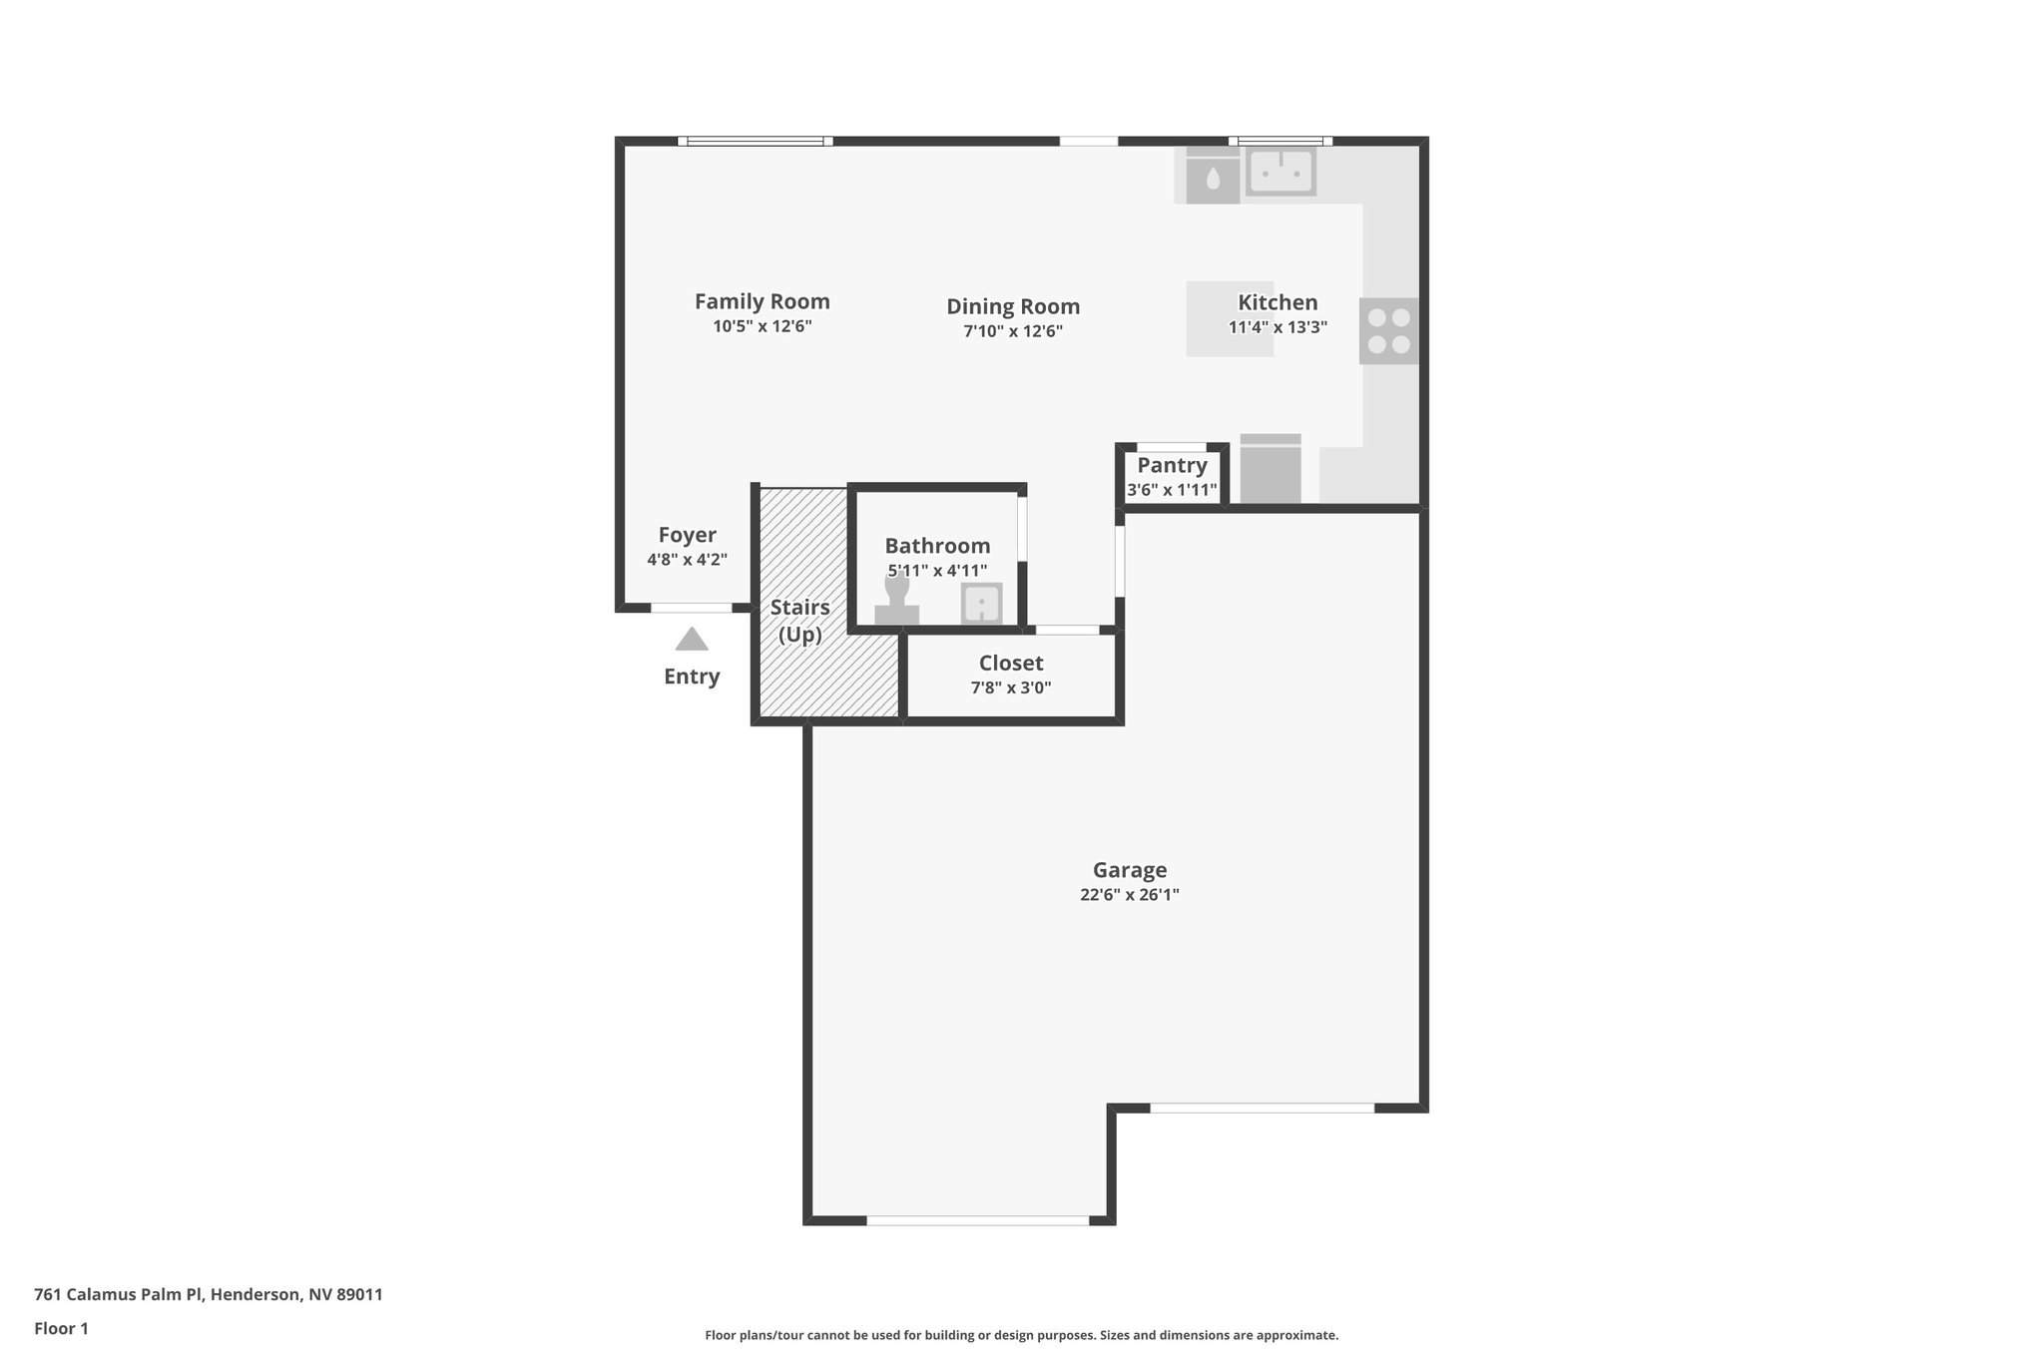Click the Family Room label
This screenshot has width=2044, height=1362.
pos(762,301)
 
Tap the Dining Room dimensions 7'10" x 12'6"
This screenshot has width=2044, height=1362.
pos(1012,331)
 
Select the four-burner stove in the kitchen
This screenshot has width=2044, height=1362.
pos(1388,331)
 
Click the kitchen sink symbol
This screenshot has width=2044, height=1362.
pos(1280,172)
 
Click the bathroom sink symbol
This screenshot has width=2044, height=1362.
pos(981,604)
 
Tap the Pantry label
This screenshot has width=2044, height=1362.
pos(1172,465)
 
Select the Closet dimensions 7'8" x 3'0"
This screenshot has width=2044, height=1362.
pos(1010,687)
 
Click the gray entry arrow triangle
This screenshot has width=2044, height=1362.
pos(692,640)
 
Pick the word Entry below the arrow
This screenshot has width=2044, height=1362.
pos(692,677)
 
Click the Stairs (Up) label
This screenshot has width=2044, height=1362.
pos(799,621)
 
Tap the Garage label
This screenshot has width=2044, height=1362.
pos(1129,870)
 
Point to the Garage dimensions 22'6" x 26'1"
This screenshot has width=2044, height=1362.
pos(1129,895)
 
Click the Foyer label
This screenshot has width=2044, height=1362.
pos(687,535)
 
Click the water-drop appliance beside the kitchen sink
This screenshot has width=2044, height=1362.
pos(1213,179)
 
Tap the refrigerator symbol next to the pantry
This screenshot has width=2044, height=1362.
pos(1270,471)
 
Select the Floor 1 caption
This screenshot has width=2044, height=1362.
pos(61,1329)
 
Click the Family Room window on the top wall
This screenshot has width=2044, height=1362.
pos(756,142)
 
